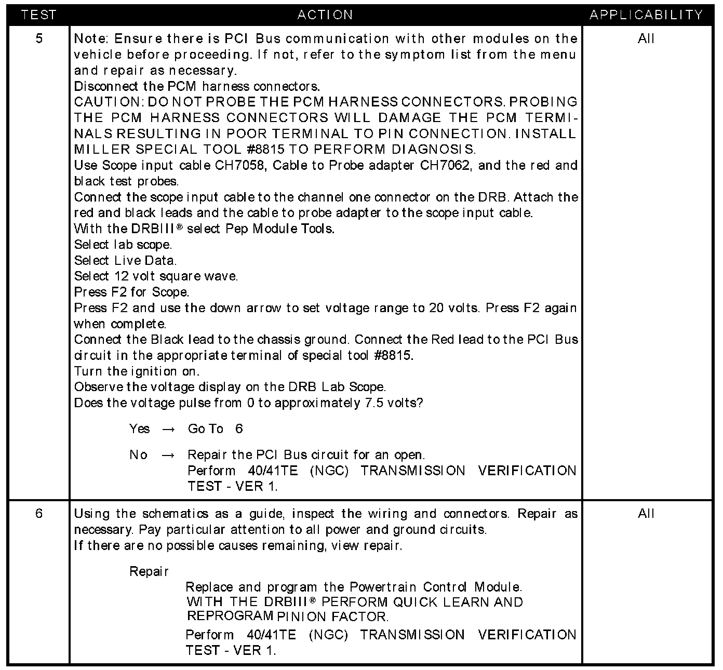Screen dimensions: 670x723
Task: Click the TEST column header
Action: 38,15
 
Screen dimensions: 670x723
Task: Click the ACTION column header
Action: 325,15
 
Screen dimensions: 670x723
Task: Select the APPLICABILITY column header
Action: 646,15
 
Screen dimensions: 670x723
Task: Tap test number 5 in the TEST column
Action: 39,38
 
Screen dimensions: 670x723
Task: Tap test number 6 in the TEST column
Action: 39,514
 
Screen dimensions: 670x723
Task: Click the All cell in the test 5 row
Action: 646,38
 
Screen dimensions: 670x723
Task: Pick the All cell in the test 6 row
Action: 646,514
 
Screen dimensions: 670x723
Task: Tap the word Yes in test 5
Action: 139,429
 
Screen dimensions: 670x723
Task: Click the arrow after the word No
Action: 168,455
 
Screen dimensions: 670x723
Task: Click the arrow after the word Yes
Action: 168,430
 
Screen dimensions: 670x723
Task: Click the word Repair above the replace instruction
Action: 149,572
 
